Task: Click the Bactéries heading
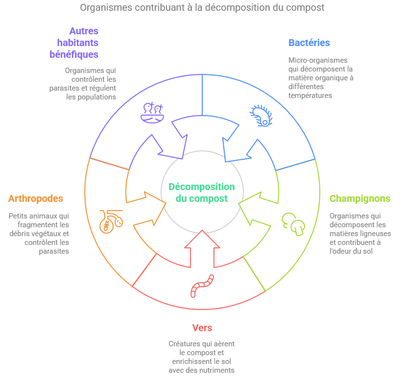309,43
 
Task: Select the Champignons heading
360,198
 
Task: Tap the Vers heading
202,328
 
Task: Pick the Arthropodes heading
36,198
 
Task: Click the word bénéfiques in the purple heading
74,54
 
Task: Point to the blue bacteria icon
261,116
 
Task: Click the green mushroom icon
293,224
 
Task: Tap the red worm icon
202,286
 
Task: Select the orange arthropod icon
111,222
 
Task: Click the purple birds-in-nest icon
152,113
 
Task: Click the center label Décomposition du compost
202,192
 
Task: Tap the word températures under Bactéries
310,96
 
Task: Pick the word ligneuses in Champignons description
376,234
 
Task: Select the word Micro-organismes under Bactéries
318,60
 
